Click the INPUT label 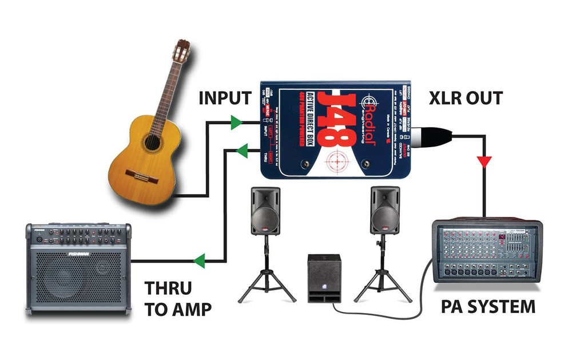(225, 98)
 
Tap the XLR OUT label (466, 98)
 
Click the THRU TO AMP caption (178, 298)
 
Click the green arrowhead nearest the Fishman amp (200, 262)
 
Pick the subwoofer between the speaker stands (324, 278)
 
